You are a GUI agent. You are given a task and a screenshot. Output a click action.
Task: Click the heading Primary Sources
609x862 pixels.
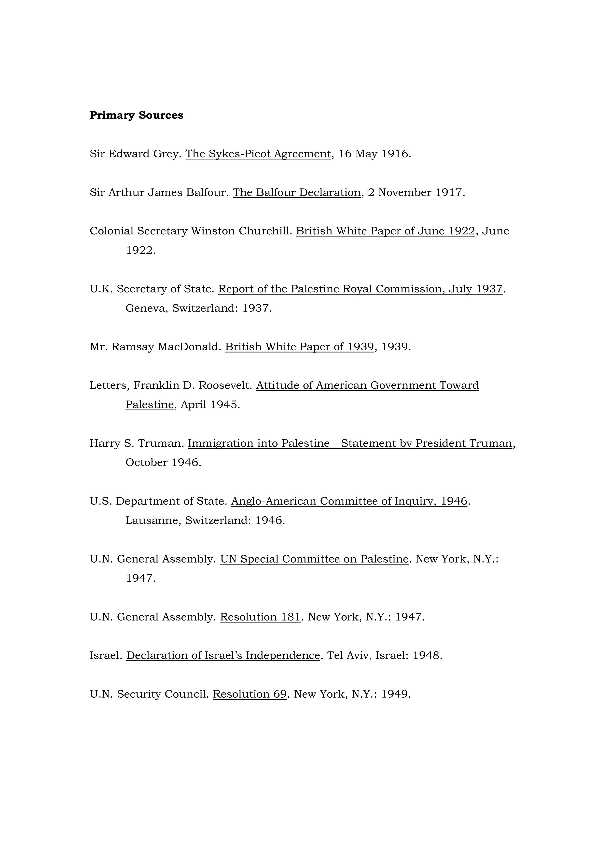tap(136, 115)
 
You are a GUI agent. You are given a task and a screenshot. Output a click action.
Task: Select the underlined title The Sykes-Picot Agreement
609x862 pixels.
tap(258, 154)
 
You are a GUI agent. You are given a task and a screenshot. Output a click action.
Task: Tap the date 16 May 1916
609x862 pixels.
tap(374, 154)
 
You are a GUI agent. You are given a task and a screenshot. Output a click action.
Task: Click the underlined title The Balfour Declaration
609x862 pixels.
tap(296, 193)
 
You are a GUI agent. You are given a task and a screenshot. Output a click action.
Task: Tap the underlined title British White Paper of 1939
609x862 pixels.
tap(299, 347)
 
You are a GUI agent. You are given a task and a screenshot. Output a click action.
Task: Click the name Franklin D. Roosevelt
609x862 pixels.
tap(193, 386)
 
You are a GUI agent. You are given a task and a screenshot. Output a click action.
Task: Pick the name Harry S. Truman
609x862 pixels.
tap(137, 443)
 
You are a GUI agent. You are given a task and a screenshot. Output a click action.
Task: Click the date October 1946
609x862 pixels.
tap(163, 463)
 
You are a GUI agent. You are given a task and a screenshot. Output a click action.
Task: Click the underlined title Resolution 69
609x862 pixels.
tap(249, 694)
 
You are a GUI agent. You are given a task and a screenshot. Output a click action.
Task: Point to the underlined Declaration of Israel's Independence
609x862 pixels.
tap(223, 655)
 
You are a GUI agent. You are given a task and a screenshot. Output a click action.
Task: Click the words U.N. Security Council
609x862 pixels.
tap(149, 694)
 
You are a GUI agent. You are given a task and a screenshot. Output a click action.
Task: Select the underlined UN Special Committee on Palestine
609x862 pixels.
tap(314, 559)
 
